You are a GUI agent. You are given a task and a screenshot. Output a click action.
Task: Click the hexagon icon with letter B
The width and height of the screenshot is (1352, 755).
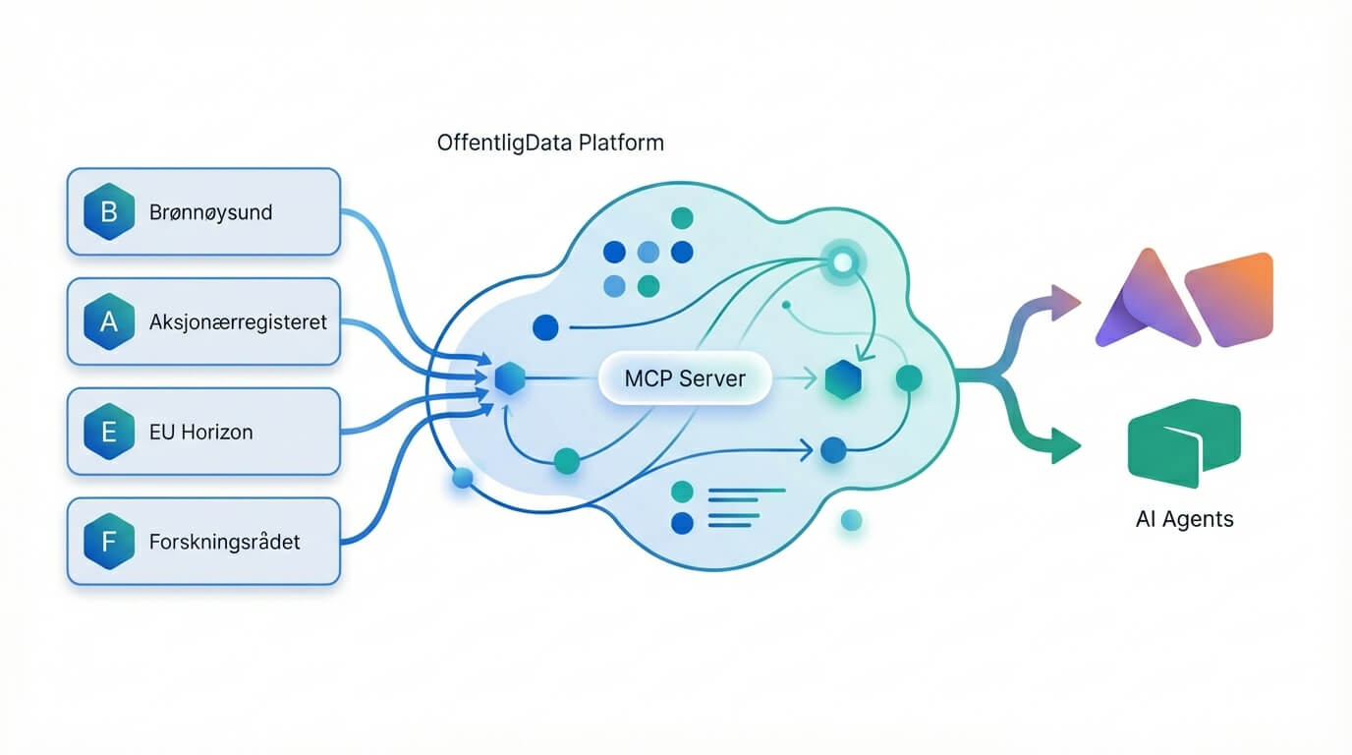[109, 211]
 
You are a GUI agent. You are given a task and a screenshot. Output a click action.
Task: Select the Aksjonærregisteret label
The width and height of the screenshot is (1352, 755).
[238, 321]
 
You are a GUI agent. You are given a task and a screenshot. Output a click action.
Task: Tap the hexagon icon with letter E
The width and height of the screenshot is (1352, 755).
[109, 432]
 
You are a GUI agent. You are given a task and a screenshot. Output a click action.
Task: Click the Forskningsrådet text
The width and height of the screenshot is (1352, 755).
[225, 542]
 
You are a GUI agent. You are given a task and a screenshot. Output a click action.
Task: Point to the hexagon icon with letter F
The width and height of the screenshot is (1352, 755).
[109, 542]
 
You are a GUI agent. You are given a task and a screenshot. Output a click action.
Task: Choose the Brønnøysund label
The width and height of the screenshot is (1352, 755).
[211, 211]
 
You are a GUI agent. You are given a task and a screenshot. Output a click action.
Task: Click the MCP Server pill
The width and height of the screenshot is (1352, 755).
[685, 378]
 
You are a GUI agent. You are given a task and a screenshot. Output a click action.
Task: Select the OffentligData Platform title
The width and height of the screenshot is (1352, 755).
[550, 143]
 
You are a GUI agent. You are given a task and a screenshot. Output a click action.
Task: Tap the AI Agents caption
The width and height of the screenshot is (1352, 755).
[1184, 519]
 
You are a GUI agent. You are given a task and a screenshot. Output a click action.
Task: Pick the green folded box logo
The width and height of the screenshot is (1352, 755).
[1184, 441]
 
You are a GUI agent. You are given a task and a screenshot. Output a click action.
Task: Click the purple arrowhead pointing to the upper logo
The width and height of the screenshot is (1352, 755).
[1063, 302]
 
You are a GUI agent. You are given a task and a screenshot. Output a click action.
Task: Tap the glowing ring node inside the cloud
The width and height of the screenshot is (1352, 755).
[842, 261]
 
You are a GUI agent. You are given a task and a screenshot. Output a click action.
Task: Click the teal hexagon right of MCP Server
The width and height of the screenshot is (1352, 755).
[843, 379]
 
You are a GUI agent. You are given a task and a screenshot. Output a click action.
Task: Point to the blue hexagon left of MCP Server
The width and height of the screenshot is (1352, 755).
[509, 378]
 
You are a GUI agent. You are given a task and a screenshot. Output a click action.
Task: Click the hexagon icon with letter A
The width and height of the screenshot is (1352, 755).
[109, 321]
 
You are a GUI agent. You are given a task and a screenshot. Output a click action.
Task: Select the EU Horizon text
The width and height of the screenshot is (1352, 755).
[201, 432]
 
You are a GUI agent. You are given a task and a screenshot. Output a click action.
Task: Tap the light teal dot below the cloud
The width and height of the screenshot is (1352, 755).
[851, 521]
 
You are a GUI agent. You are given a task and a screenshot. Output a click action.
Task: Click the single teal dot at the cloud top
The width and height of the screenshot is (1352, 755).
[680, 218]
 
